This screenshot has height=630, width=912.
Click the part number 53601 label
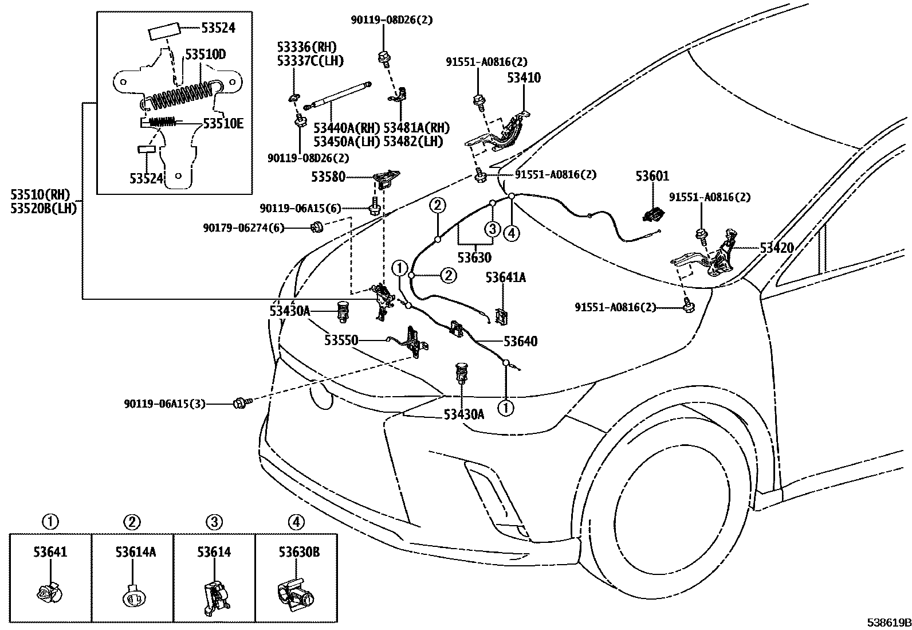[652, 176]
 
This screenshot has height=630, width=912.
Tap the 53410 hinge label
[523, 77]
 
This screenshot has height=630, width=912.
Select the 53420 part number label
[777, 248]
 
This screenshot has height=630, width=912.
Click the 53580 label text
[328, 177]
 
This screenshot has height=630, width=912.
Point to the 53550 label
[341, 341]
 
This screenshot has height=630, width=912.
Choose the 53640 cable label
[520, 342]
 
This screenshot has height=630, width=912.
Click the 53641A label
[505, 278]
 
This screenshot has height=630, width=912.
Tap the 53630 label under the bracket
[474, 258]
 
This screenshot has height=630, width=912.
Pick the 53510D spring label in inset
[205, 55]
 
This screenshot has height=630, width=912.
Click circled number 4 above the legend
[296, 522]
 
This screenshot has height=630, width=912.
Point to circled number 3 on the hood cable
[492, 230]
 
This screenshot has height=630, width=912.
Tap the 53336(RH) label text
[306, 47]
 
